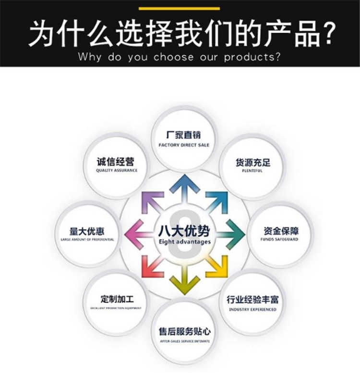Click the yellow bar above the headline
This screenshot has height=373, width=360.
(180, 8)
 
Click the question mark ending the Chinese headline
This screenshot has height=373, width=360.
(327, 33)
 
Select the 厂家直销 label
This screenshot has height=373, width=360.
(184, 135)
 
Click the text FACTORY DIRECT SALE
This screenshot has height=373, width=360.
(184, 145)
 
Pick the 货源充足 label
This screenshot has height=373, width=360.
(253, 162)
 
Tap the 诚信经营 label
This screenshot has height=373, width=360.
(117, 162)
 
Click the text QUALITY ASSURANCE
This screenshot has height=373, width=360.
(117, 171)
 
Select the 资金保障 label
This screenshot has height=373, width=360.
(281, 231)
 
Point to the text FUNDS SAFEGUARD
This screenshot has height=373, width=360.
(281, 239)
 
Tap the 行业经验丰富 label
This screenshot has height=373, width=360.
(253, 300)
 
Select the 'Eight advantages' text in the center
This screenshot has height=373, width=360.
(184, 242)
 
